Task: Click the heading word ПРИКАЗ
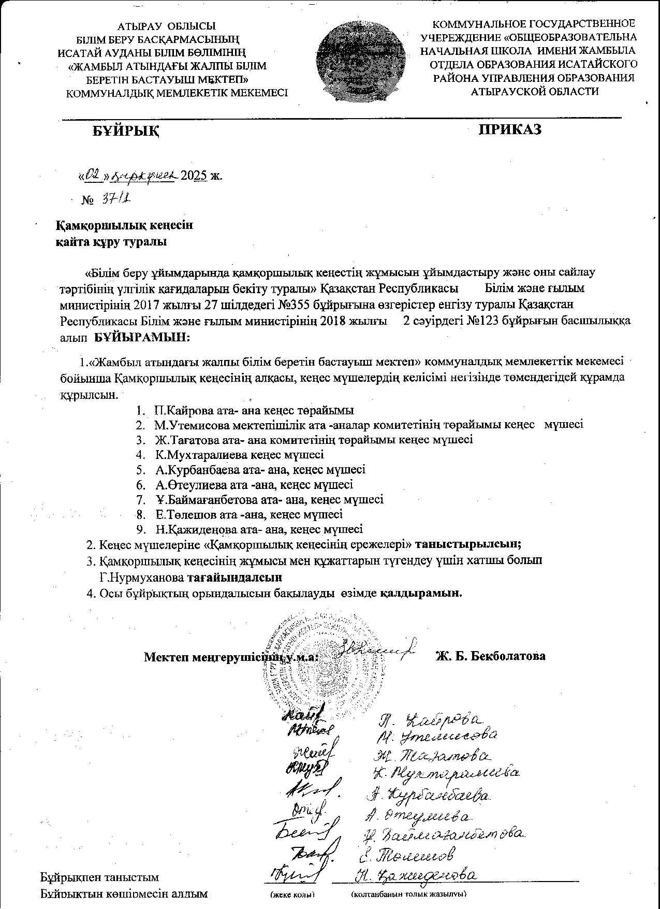[x=510, y=129]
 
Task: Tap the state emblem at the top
[x=359, y=58]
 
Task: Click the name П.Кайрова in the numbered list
[x=181, y=410]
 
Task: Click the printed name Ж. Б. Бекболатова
[x=490, y=656]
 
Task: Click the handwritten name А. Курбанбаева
[x=429, y=795]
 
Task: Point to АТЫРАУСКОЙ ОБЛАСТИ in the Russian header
[x=535, y=91]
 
